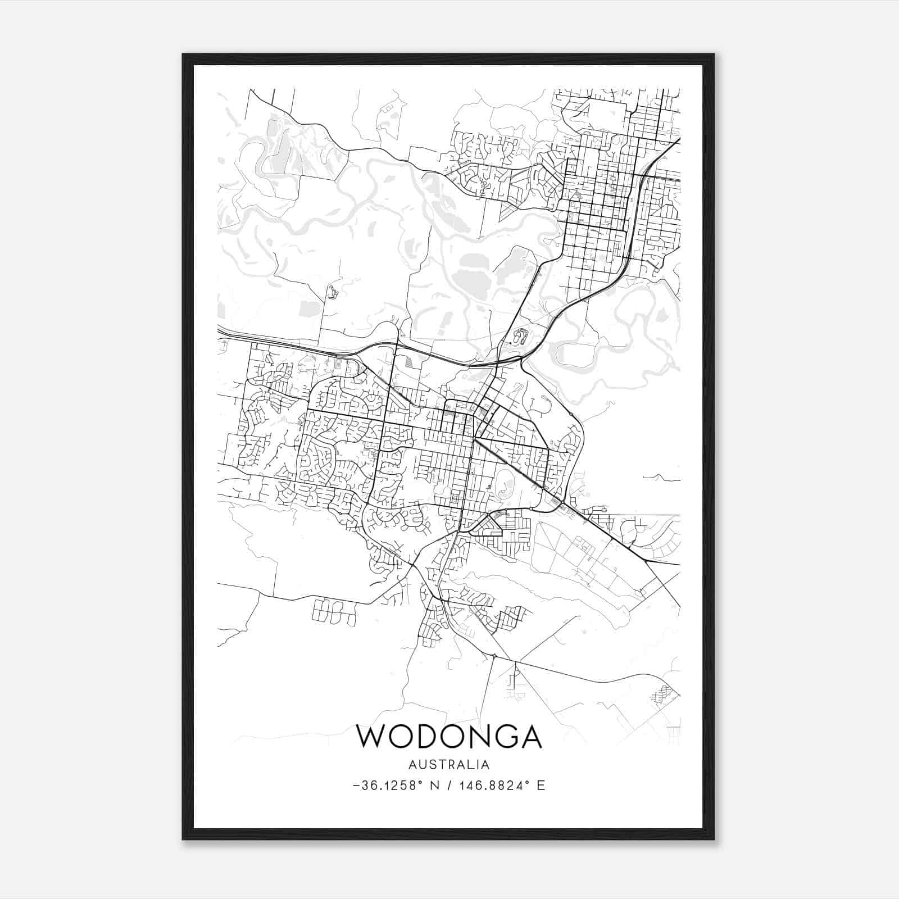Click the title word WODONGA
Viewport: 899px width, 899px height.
449,737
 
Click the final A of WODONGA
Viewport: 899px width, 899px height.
531,737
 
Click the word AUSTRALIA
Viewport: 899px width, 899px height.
449,765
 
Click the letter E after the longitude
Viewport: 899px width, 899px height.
541,786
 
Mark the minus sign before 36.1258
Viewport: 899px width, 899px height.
356,786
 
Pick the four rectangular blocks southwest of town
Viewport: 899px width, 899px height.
334,611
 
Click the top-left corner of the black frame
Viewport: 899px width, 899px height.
183,55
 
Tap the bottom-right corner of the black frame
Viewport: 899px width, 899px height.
714,839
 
